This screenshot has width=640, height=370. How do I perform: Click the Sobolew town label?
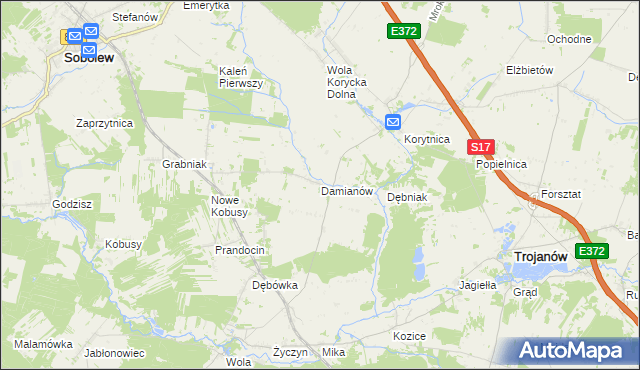[88, 58]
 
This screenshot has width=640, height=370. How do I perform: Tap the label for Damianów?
[346, 190]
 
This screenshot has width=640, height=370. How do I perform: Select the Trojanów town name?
[541, 257]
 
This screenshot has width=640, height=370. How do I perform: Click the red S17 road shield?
[480, 146]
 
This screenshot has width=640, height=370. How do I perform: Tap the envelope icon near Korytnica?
[393, 122]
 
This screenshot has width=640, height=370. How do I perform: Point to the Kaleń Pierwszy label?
[240, 77]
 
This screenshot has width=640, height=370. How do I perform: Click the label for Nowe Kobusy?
[229, 205]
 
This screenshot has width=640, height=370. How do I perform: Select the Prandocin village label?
[240, 249]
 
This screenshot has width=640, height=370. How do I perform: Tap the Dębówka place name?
[275, 285]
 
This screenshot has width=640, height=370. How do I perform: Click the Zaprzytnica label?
[105, 122]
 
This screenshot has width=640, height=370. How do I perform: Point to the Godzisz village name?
[73, 203]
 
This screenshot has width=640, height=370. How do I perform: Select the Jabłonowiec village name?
[115, 353]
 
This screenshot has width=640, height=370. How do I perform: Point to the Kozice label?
[410, 336]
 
